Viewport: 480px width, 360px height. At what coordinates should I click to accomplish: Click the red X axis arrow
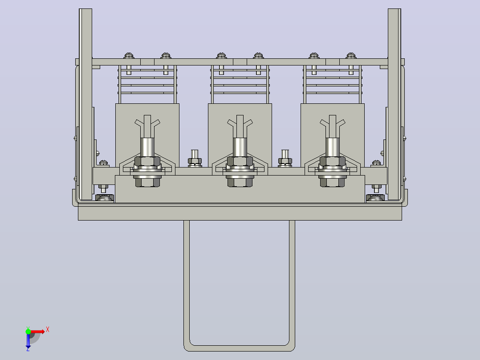coord(37,331)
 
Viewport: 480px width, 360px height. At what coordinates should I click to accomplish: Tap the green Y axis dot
coord(28,331)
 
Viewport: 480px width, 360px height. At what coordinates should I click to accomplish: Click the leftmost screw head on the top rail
coord(129,55)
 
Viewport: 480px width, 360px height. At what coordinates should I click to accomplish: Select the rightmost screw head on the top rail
coord(351,55)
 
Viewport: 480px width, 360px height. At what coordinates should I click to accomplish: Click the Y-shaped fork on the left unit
coord(147,126)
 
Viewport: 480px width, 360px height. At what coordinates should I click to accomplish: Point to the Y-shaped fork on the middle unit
coord(240,126)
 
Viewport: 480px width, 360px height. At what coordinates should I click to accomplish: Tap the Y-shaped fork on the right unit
coord(333,126)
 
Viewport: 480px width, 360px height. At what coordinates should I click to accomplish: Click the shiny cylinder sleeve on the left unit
coord(147,147)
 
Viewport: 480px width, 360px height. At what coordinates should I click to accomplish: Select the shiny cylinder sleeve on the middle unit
coord(240,147)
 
